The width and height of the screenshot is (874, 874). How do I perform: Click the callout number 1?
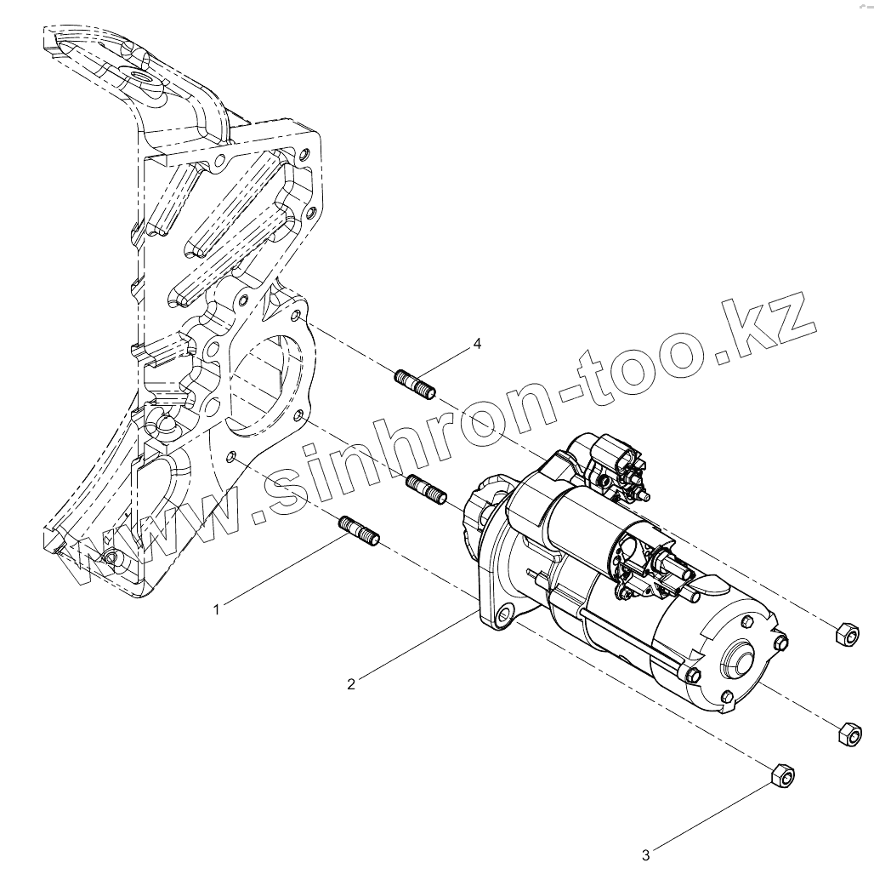[217, 609]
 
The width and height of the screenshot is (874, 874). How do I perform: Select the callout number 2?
[351, 683]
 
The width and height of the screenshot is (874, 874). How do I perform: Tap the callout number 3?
[645, 854]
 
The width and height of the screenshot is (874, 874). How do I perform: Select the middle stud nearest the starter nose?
[427, 489]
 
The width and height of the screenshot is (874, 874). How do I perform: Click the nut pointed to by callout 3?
[782, 774]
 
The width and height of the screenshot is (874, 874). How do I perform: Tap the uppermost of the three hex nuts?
[845, 633]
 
